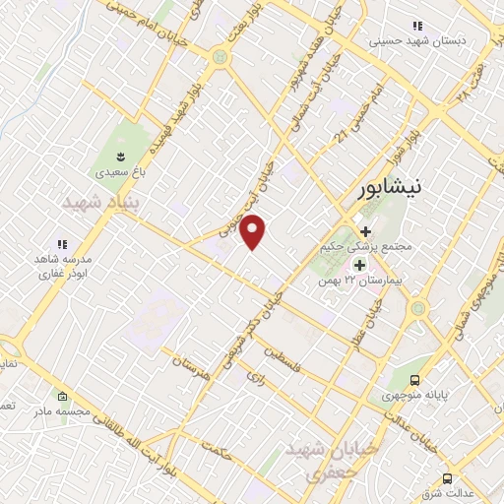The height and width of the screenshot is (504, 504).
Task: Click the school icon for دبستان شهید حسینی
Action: [x=417, y=27]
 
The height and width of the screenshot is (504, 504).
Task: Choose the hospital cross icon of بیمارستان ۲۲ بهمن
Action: [x=359, y=265]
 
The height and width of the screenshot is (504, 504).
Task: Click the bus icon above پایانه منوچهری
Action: [x=417, y=380]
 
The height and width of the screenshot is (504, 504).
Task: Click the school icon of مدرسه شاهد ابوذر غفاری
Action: [x=61, y=243]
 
